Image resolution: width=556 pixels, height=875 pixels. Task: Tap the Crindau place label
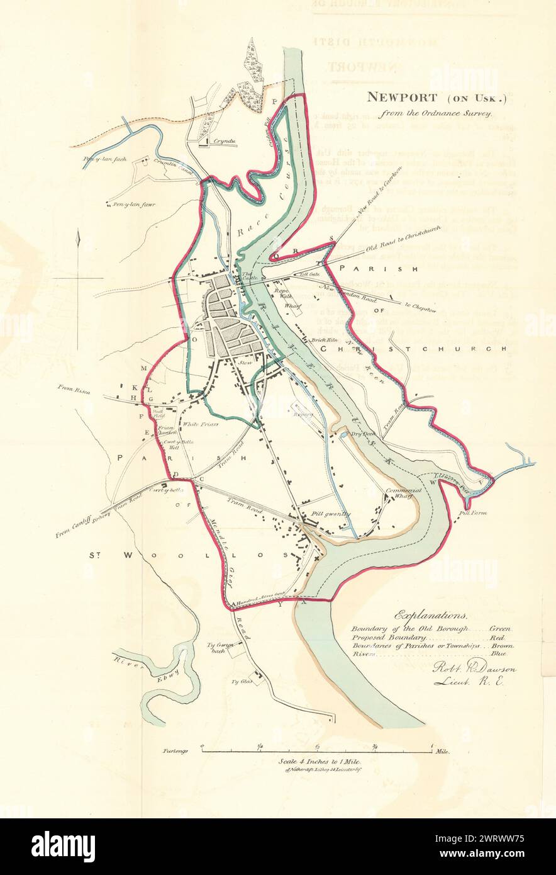pyautogui.click(x=223, y=142)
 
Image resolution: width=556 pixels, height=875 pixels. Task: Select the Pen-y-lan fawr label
pyautogui.click(x=135, y=205)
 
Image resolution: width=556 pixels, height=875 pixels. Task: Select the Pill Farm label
pyautogui.click(x=470, y=514)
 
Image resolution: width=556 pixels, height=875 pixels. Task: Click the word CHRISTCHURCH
pyautogui.click(x=413, y=348)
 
